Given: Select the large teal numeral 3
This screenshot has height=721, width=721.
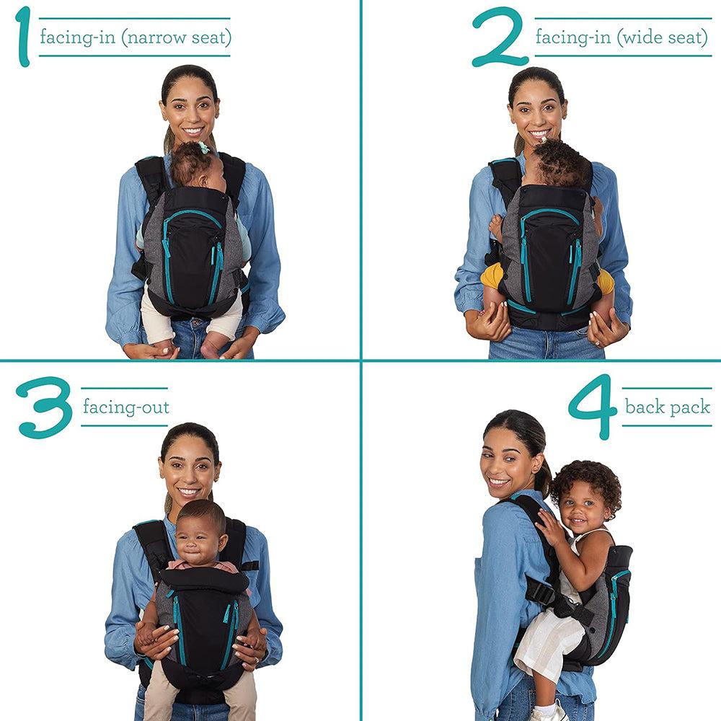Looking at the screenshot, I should point(44,407).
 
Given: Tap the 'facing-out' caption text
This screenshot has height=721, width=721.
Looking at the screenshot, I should point(125,407).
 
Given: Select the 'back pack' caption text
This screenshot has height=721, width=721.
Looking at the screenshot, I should point(667,407).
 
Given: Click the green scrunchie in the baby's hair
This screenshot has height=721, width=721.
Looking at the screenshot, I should point(204,148).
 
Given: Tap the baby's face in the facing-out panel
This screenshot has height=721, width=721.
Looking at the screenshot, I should point(198,536).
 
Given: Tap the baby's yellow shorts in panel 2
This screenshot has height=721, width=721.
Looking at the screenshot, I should point(492,278).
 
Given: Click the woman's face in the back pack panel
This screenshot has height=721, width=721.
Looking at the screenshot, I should point(508,462).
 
